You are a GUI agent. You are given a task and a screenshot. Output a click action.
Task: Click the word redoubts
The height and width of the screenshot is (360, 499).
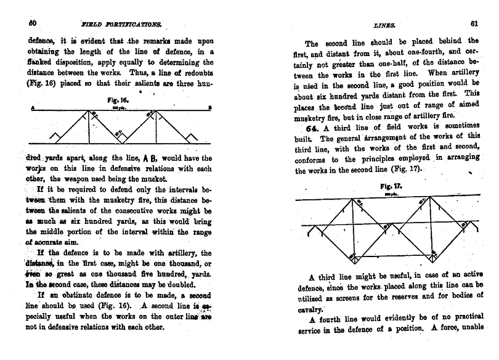pos(192,72)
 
